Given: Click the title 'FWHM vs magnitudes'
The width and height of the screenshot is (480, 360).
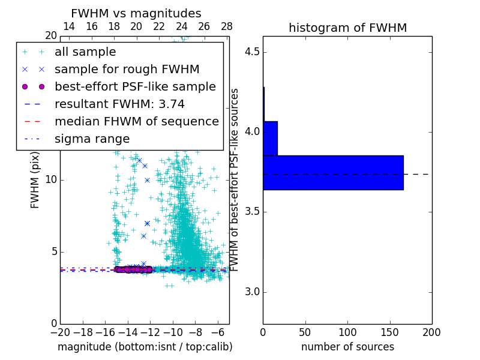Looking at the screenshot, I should [136, 14].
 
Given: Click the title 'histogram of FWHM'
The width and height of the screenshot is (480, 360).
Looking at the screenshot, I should [347, 28].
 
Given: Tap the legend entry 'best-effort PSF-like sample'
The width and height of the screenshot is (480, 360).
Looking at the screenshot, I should [135, 87].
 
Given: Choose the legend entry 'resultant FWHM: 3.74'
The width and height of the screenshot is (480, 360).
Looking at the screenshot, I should [119, 104].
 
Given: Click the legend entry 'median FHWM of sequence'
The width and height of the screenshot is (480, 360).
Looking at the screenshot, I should [136, 122].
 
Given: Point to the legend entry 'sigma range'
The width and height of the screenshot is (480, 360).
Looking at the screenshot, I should [92, 139].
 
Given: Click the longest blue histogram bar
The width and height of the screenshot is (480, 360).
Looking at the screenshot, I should [333, 173].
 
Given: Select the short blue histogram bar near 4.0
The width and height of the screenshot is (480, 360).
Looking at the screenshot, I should [270, 139].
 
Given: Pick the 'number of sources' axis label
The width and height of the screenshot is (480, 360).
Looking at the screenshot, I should [347, 347].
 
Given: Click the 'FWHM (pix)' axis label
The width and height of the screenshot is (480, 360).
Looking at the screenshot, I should [35, 179].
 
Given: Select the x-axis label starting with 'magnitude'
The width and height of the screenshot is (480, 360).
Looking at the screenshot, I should [145, 347].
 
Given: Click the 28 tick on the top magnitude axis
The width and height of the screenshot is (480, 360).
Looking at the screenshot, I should [227, 26].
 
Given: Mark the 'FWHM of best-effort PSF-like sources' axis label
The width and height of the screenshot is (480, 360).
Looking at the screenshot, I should [236, 179].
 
